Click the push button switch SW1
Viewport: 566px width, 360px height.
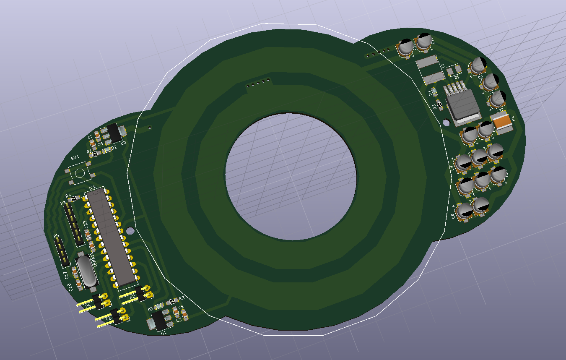click(80, 172)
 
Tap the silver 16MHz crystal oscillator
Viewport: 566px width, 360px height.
click(86, 272)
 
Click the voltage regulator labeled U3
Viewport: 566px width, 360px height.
click(114, 132)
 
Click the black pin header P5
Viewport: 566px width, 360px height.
click(62, 252)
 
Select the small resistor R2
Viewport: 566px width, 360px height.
click(171, 302)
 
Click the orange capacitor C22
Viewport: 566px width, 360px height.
click(502, 121)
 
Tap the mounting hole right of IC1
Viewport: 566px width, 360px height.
click(130, 230)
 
